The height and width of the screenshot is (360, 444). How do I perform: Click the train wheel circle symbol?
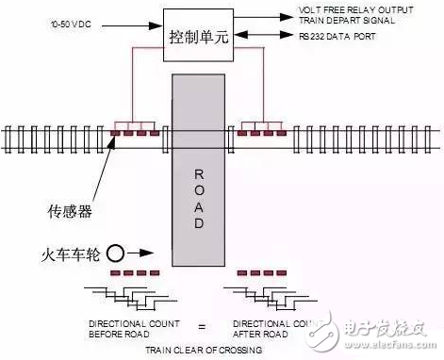click(x=115, y=254)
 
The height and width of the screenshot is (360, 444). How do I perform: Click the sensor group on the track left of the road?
click(x=133, y=135)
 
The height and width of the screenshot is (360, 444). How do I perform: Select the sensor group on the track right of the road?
click(x=261, y=135)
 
